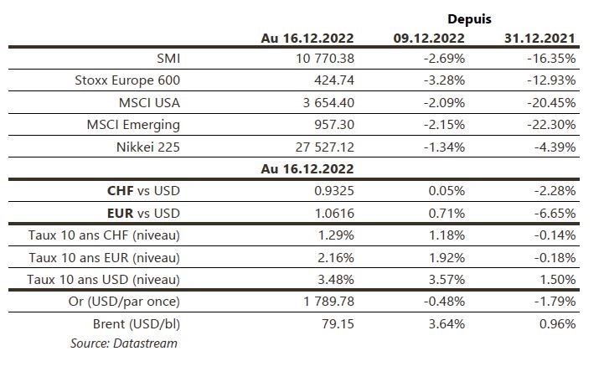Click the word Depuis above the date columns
(469, 18)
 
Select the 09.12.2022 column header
(429, 38)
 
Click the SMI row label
(168, 59)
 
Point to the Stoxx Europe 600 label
(127, 81)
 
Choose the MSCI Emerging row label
(134, 125)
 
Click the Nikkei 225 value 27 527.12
(321, 147)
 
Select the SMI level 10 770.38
(321, 59)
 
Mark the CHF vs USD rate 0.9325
(333, 190)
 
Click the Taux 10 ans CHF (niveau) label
(104, 235)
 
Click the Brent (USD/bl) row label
(136, 322)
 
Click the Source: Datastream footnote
(124, 343)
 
